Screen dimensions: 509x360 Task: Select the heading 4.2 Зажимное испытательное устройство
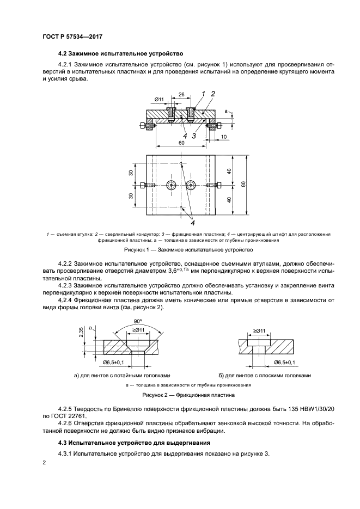click(120, 54)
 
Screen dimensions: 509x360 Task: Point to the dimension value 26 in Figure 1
click(181, 94)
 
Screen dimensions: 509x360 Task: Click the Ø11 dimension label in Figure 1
click(159, 99)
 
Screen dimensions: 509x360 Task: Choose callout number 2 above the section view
click(213, 94)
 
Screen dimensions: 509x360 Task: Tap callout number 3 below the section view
click(194, 136)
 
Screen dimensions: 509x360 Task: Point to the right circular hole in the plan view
click(190, 185)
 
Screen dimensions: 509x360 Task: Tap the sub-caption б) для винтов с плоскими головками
click(264, 375)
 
